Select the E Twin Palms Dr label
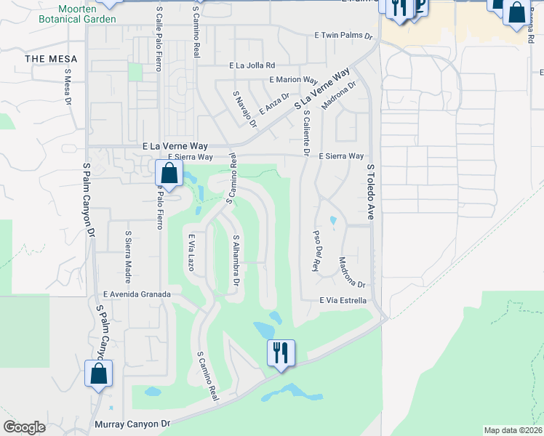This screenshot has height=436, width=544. (343, 35)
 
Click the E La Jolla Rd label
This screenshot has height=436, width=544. (252, 65)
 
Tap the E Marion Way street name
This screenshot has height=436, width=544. (294, 80)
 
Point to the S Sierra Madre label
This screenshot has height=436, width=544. (128, 251)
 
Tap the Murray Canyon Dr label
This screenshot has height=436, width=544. (132, 422)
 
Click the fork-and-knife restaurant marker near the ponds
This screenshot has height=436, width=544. (281, 354)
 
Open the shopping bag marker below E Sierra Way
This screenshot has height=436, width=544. (169, 175)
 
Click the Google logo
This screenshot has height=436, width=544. (24, 427)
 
